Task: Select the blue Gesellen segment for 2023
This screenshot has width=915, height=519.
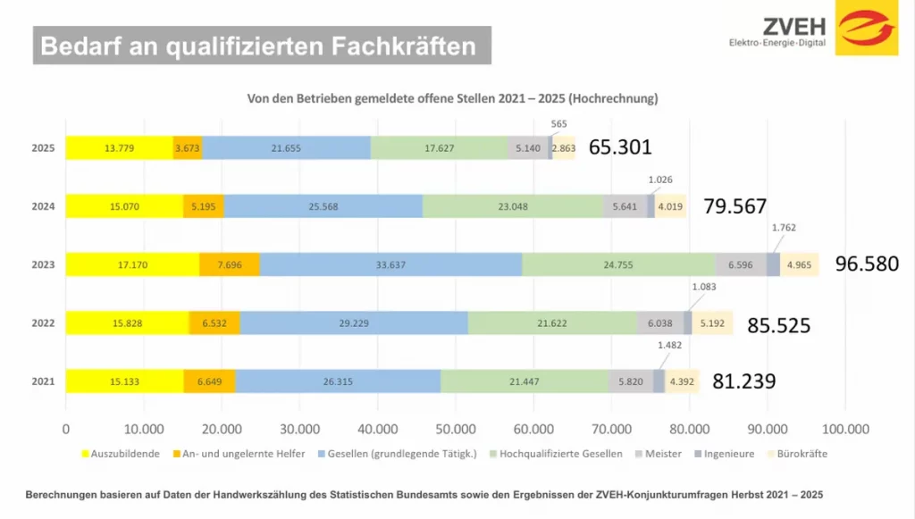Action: tap(391, 264)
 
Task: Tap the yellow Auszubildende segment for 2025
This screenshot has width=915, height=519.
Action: tap(119, 148)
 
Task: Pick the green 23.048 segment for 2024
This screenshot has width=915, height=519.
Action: tap(512, 206)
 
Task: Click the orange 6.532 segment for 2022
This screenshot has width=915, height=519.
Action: tap(214, 322)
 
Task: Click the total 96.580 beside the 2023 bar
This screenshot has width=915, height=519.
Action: tap(866, 264)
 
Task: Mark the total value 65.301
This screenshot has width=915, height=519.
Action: tap(620, 148)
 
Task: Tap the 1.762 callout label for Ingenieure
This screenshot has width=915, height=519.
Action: tap(783, 227)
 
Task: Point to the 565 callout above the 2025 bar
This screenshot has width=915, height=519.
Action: tap(559, 124)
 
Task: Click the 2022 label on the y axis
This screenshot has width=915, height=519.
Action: tap(44, 322)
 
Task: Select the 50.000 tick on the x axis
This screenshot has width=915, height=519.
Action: tap(456, 428)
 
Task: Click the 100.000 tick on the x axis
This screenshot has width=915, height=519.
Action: tap(845, 428)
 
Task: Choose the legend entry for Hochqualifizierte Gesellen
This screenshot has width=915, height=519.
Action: tap(560, 454)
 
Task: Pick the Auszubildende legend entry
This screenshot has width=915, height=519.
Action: tap(123, 454)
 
